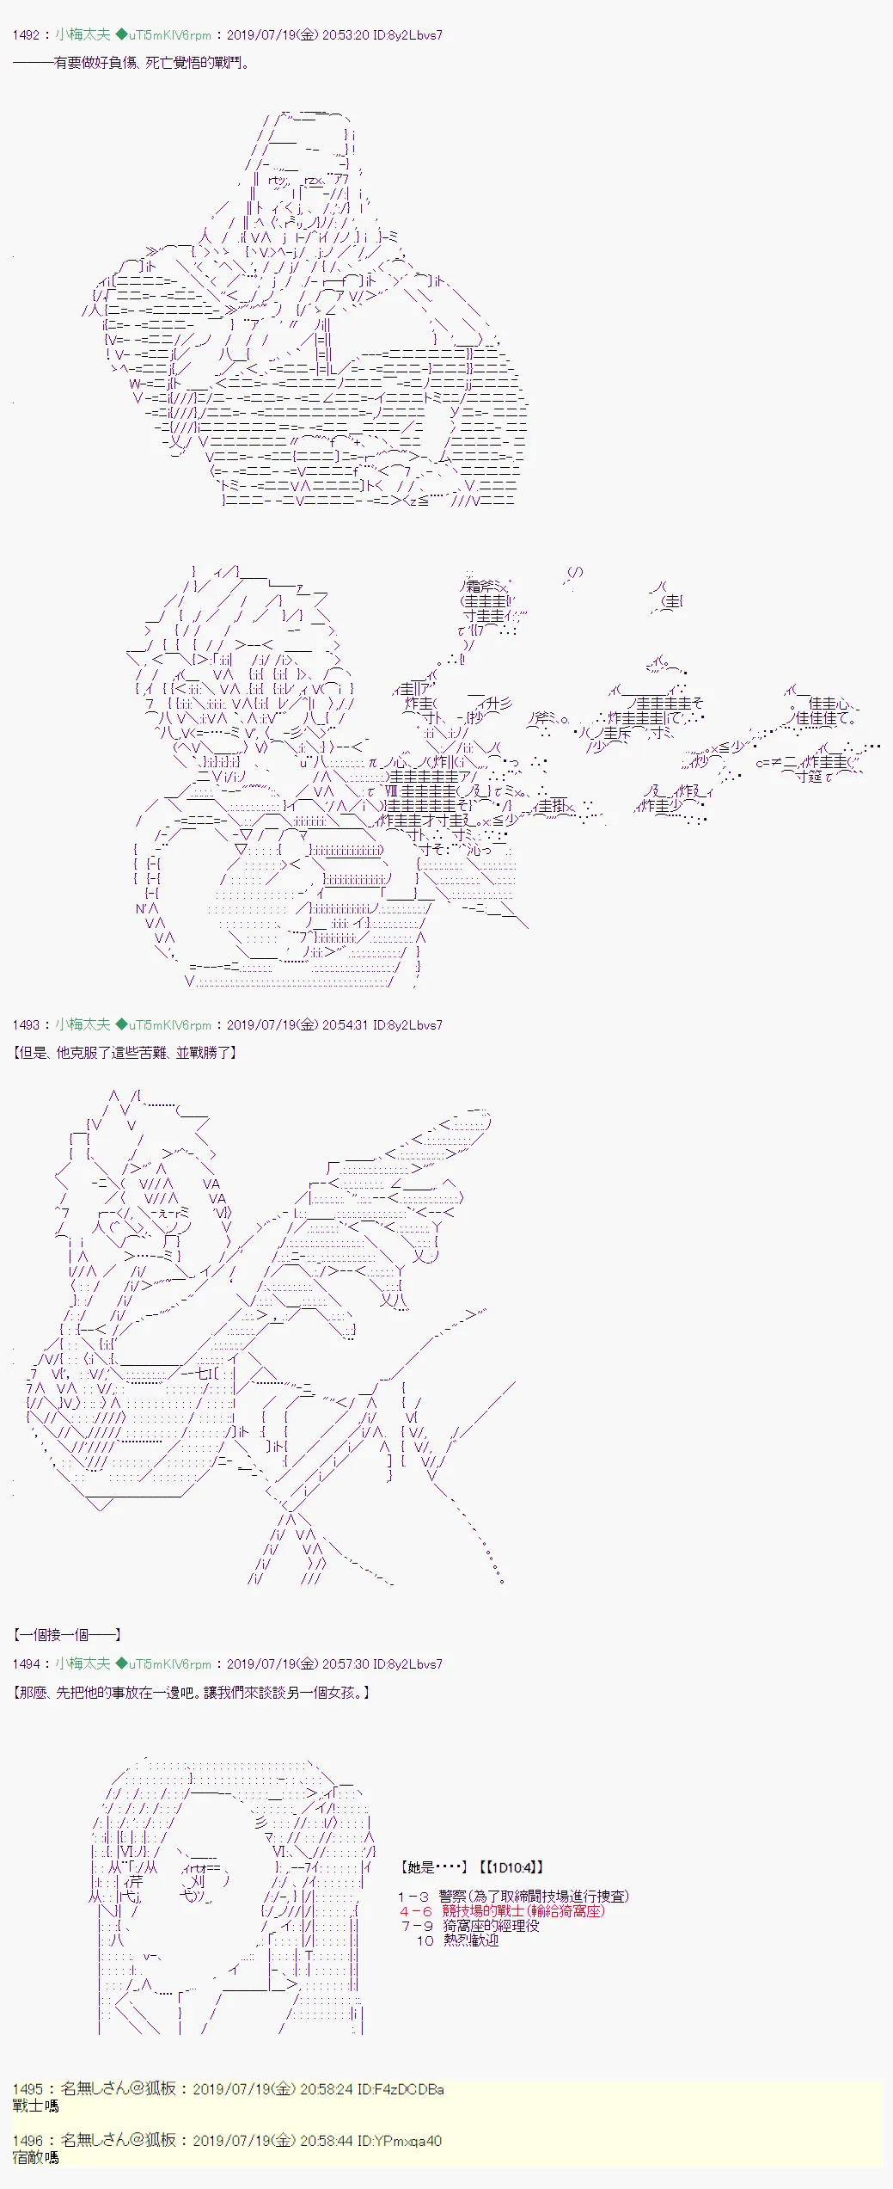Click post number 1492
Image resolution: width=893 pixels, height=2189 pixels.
27,35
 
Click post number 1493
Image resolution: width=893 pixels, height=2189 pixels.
27,1024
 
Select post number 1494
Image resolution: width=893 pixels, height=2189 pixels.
27,1663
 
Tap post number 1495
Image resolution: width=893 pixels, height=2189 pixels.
28,2088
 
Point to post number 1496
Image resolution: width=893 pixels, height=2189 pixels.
28,2140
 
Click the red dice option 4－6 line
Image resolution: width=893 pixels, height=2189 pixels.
503,1910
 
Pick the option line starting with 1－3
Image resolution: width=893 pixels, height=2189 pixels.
513,1896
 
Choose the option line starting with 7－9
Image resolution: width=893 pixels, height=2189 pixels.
470,1925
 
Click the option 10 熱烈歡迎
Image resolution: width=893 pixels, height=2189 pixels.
458,1940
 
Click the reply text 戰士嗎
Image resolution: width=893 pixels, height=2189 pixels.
36,2106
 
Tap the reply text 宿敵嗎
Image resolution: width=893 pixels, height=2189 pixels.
36,2157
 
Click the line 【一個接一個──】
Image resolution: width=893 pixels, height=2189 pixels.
67,1634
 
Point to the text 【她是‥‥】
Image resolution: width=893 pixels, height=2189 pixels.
434,1866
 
